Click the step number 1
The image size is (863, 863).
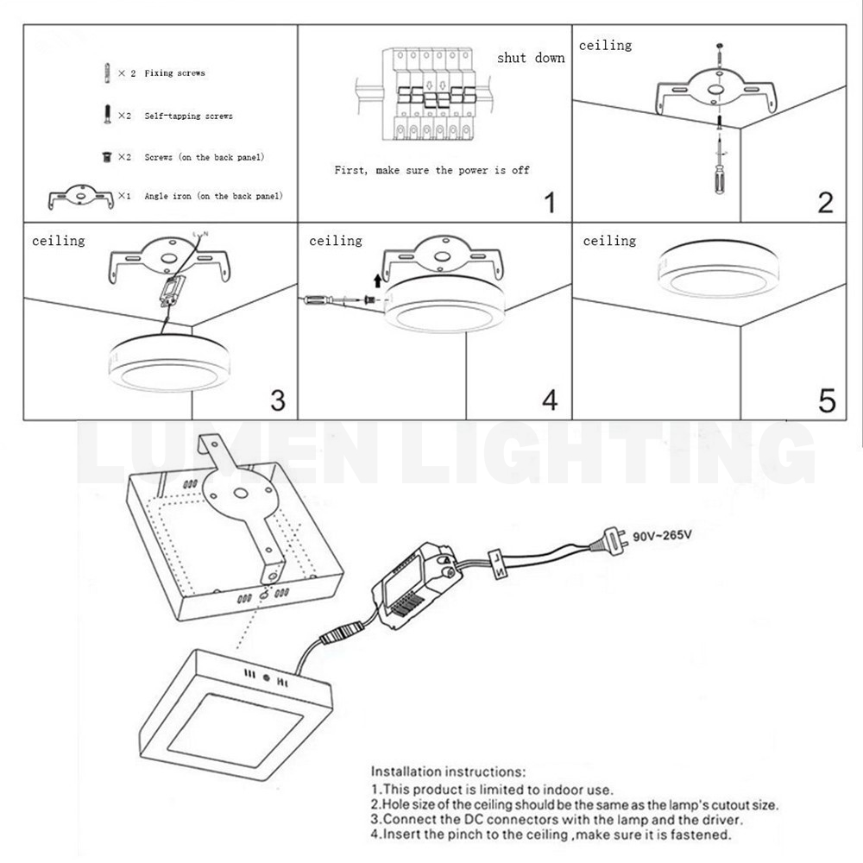click(x=550, y=203)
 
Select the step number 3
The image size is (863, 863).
click(x=277, y=400)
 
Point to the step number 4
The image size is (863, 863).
click(x=550, y=400)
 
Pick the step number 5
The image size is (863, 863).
click(x=826, y=400)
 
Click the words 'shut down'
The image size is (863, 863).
click(x=531, y=58)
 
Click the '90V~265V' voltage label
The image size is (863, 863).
click(x=662, y=535)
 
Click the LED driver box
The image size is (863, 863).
click(x=413, y=584)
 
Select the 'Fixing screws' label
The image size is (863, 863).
click(x=174, y=73)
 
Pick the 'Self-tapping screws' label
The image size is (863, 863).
click(x=188, y=116)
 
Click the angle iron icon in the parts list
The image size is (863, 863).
click(x=80, y=197)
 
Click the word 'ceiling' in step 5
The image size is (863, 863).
click(x=608, y=241)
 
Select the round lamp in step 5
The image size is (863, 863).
click(x=717, y=269)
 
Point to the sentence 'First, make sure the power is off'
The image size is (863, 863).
click(x=431, y=170)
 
